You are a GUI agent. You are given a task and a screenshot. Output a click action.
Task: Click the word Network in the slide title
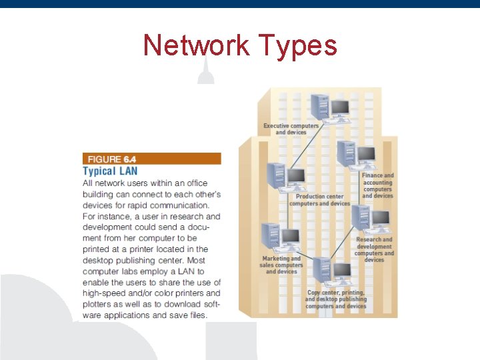[193, 46]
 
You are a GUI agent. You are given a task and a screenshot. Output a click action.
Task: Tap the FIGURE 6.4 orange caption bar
[151, 159]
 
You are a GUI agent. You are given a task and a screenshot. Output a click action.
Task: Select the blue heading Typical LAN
[110, 171]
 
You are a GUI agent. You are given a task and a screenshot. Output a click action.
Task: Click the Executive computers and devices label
[291, 129]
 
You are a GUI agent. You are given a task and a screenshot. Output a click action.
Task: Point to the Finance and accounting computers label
[378, 185]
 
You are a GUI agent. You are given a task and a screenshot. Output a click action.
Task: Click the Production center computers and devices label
[319, 200]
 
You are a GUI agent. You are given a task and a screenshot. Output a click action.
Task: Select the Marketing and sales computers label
[281, 265]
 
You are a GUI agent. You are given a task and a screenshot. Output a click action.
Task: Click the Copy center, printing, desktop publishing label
[337, 299]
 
